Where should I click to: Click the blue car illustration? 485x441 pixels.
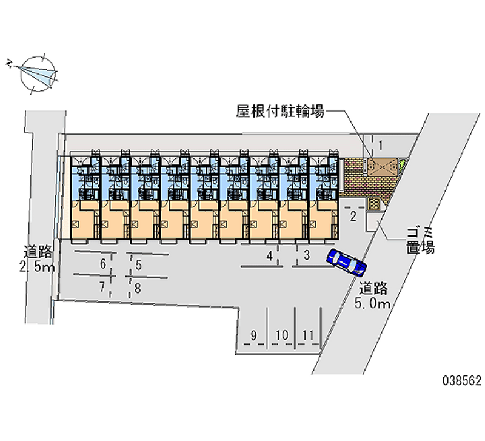coord(346,262)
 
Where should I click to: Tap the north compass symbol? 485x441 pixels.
coord(35,73)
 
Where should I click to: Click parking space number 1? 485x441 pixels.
coord(381,145)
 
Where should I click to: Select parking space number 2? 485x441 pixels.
coord(353,217)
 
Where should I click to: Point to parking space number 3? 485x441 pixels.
coord(307,255)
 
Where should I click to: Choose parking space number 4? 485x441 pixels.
coord(270,256)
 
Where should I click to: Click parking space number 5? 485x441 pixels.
coord(139,265)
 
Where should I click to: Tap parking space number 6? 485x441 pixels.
coord(103,264)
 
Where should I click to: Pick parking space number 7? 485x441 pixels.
coord(102,287)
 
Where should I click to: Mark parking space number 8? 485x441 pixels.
coord(138,288)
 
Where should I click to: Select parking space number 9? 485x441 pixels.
coord(253,335)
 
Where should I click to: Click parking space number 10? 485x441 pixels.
coord(282,335)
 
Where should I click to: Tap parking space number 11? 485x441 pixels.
coord(308,335)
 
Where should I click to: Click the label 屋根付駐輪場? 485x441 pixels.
coord(280,111)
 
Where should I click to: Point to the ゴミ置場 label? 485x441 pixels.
coord(421,241)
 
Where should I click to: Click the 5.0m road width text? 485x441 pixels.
coord(373,303)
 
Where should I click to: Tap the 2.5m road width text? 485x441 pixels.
coord(37,267)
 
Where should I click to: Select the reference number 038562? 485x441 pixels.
coord(462,380)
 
